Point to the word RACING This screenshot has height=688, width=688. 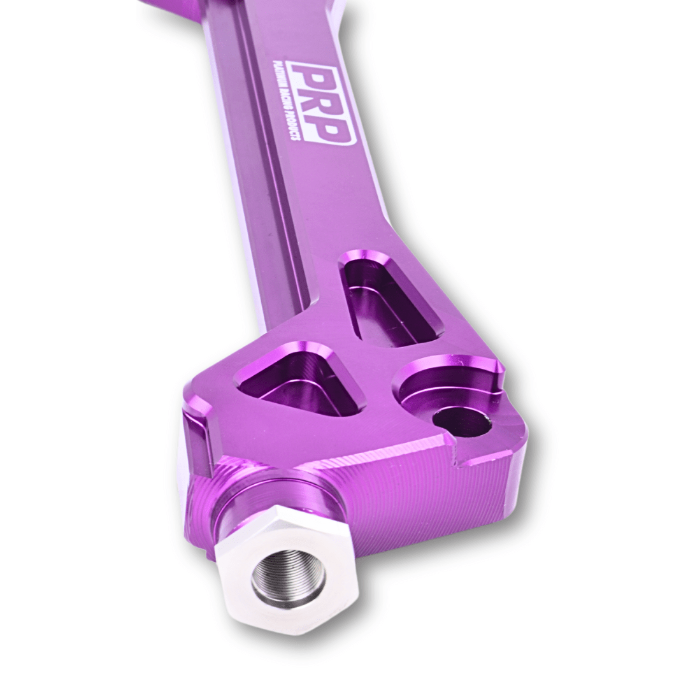(285, 106)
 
